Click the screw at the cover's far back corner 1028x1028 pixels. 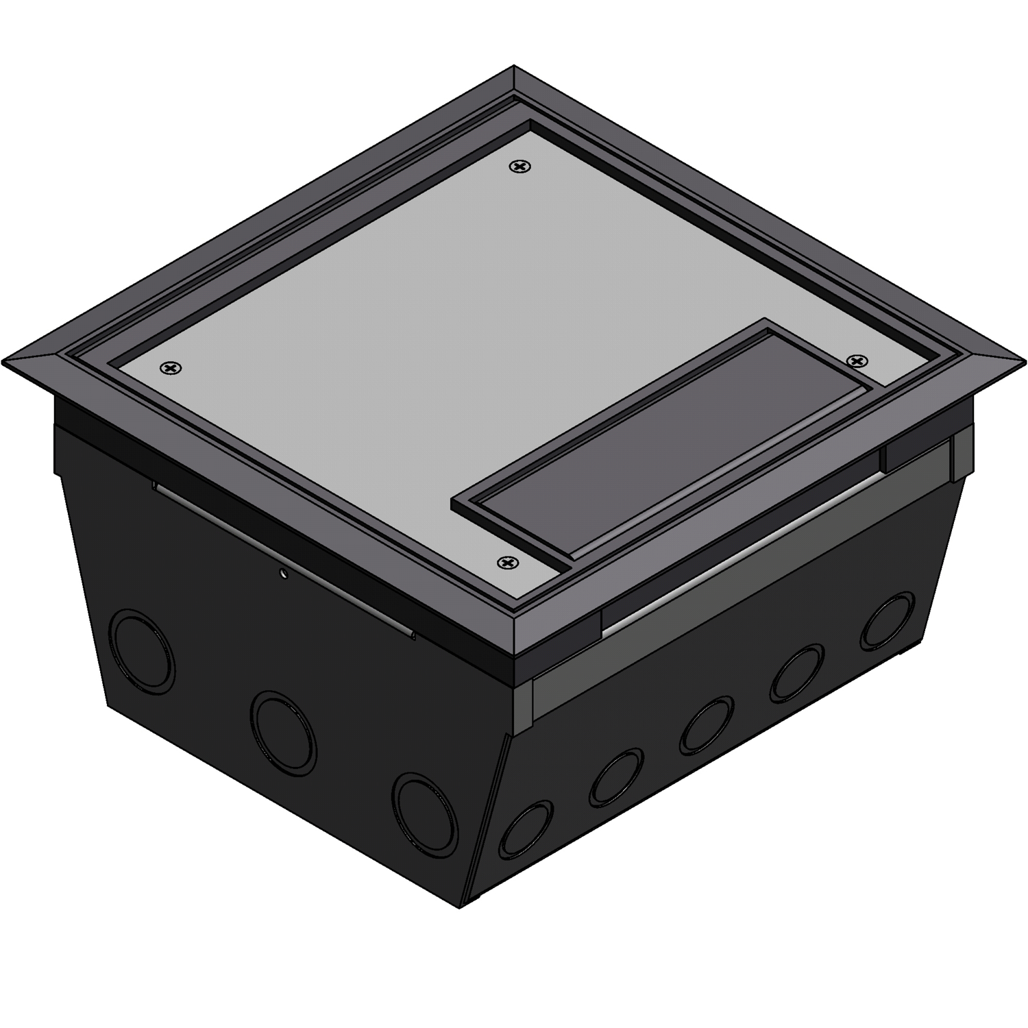coord(522,167)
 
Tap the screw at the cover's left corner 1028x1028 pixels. coord(171,369)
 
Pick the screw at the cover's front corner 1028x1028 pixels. coord(507,563)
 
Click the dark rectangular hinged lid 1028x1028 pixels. coord(658,439)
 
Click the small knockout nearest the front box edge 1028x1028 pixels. coord(526,831)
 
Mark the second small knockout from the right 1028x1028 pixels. coord(796,673)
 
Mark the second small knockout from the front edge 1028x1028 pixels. coord(616,777)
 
